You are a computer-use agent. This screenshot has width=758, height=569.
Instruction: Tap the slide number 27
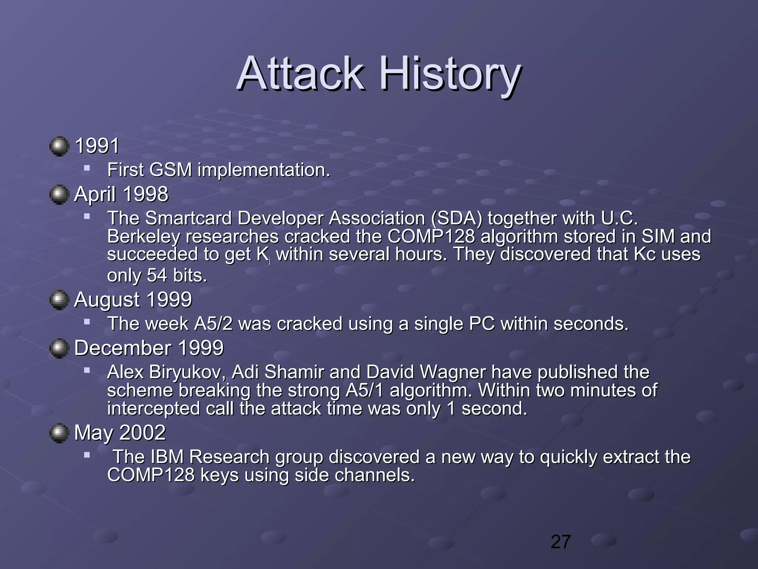pos(561,542)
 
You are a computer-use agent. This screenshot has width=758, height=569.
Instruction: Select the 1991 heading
pos(97,146)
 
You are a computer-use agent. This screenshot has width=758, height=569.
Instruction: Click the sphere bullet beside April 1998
pos(59,194)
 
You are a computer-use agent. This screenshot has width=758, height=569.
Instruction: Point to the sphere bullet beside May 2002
pos(59,433)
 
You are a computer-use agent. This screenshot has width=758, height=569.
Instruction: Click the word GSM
pos(171,170)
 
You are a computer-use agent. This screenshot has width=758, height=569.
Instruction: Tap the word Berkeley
pos(143,237)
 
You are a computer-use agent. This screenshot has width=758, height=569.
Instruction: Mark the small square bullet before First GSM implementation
pos(87,168)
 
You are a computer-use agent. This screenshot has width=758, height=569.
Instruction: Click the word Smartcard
pos(188,218)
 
